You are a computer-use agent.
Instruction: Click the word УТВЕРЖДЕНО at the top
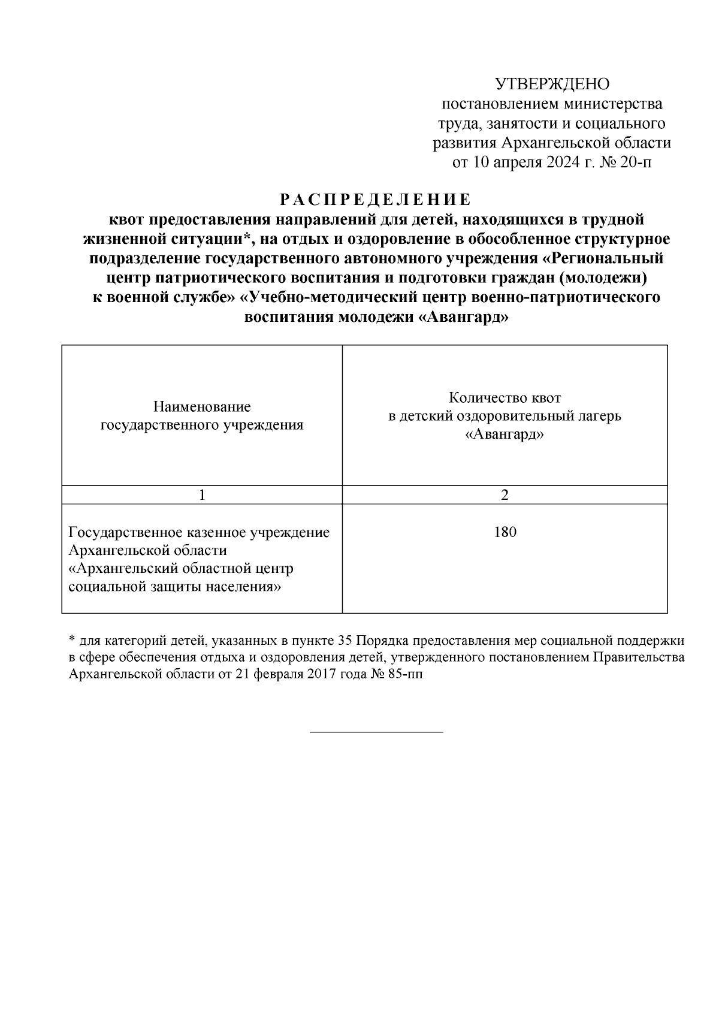pos(552,84)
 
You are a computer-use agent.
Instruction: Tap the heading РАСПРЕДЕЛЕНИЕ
pos(376,199)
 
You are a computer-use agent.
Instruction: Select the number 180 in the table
pos(504,532)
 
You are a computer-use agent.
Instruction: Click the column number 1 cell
pos(202,495)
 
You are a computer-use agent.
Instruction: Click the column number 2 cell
pos(504,495)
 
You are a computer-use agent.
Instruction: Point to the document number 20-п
pos(636,162)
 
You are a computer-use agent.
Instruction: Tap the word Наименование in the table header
pos(202,407)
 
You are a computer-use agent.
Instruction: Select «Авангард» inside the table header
pos(504,434)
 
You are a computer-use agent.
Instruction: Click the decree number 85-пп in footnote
pos(409,674)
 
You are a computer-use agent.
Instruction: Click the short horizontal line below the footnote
pos(376,732)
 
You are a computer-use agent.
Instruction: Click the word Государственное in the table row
pos(128,532)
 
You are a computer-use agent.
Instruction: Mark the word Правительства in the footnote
pos(639,657)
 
